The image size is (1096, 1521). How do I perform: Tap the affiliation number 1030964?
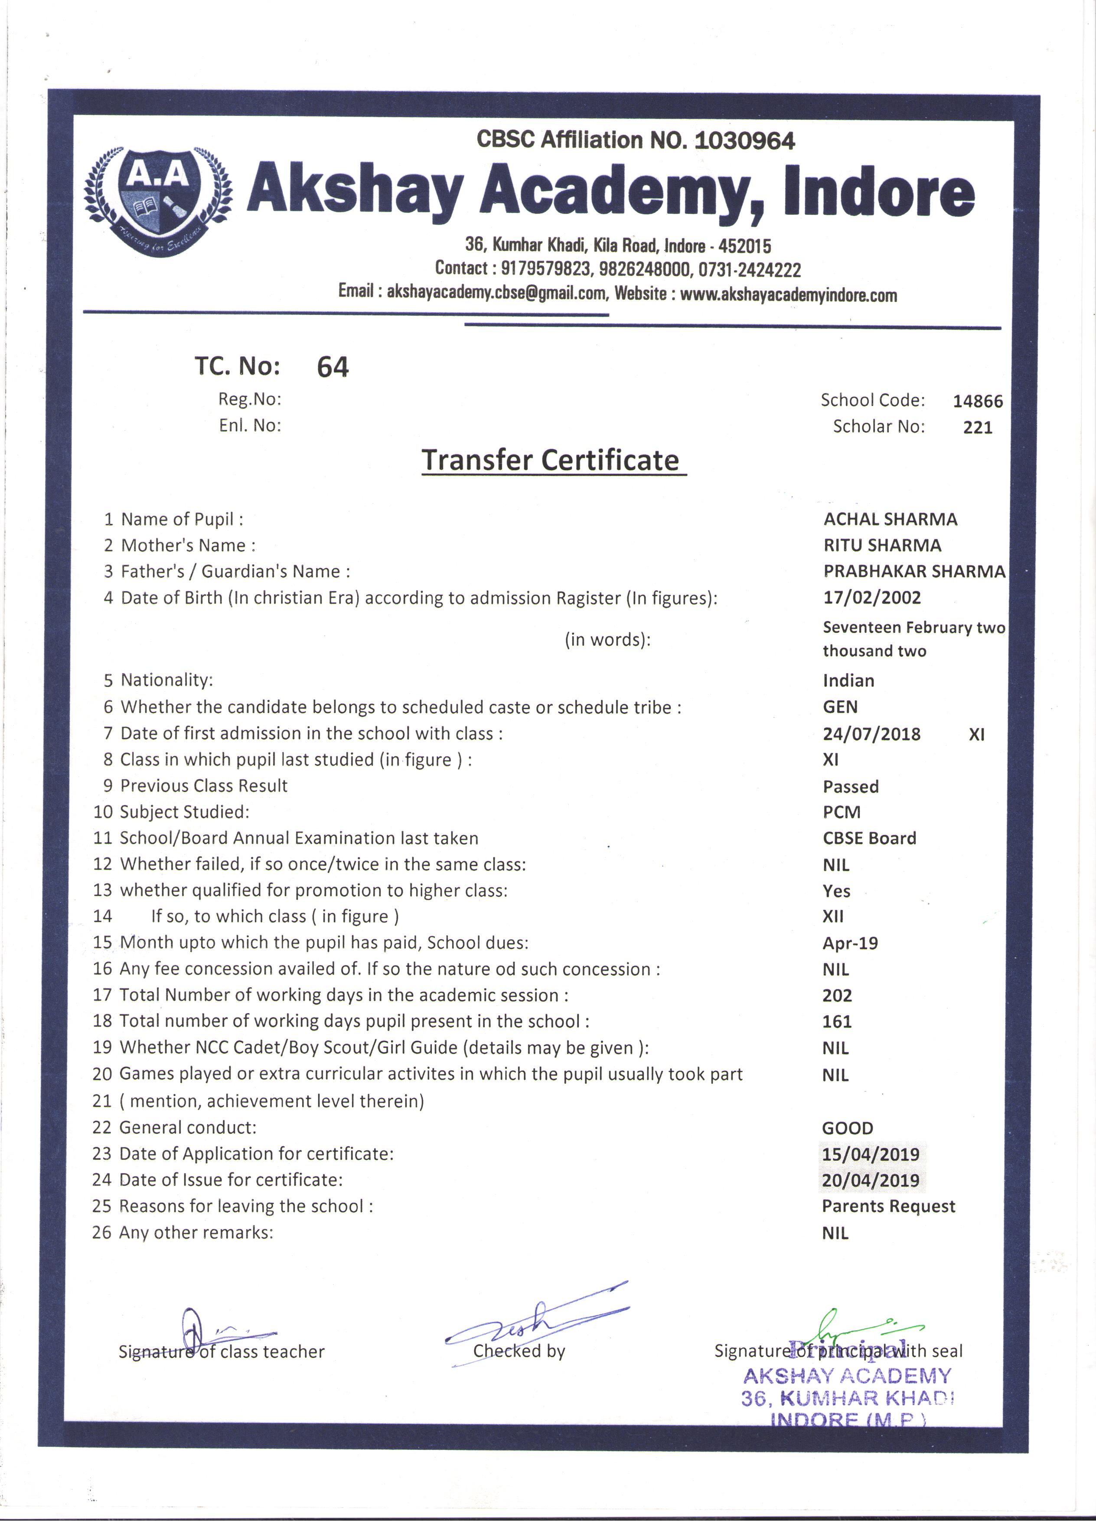coord(745,141)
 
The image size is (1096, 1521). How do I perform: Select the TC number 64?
coord(333,367)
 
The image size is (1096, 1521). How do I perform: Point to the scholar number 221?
coord(977,427)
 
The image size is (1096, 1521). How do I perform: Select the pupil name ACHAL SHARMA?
coord(890,519)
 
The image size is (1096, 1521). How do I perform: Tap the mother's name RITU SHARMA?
coord(882,545)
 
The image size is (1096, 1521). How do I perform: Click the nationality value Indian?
coord(848,680)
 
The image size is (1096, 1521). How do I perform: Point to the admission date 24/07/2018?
coord(871,734)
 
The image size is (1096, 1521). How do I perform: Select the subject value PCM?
coord(841,812)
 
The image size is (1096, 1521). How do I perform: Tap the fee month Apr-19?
coord(850,943)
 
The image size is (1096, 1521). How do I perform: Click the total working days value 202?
coord(837,995)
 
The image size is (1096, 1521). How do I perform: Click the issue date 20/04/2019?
coord(871,1180)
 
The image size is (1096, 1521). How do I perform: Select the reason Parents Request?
coord(888,1207)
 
